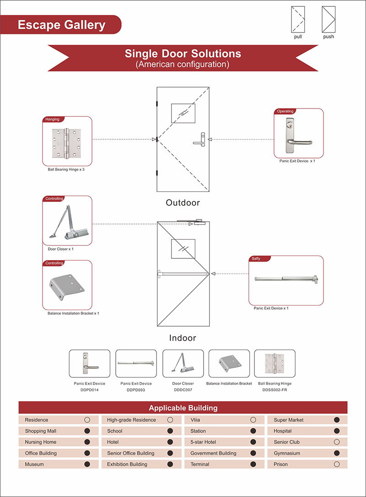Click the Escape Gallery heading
click(61, 25)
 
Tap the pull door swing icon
click(298, 19)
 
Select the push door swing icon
click(328, 19)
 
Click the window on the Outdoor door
click(183, 113)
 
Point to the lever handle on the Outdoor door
click(200, 139)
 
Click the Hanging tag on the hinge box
click(53, 119)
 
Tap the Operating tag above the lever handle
click(285, 111)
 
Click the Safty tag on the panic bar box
click(256, 259)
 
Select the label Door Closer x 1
click(60, 249)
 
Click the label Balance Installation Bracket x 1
click(73, 313)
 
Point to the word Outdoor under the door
click(183, 203)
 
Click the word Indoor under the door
click(183, 338)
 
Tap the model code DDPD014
click(90, 390)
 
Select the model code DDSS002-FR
click(274, 390)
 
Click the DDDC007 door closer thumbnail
click(183, 364)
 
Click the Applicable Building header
click(183, 408)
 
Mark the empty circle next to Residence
click(87, 420)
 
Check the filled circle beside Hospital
click(337, 431)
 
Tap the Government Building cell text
click(213, 453)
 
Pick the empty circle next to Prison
click(337, 464)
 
